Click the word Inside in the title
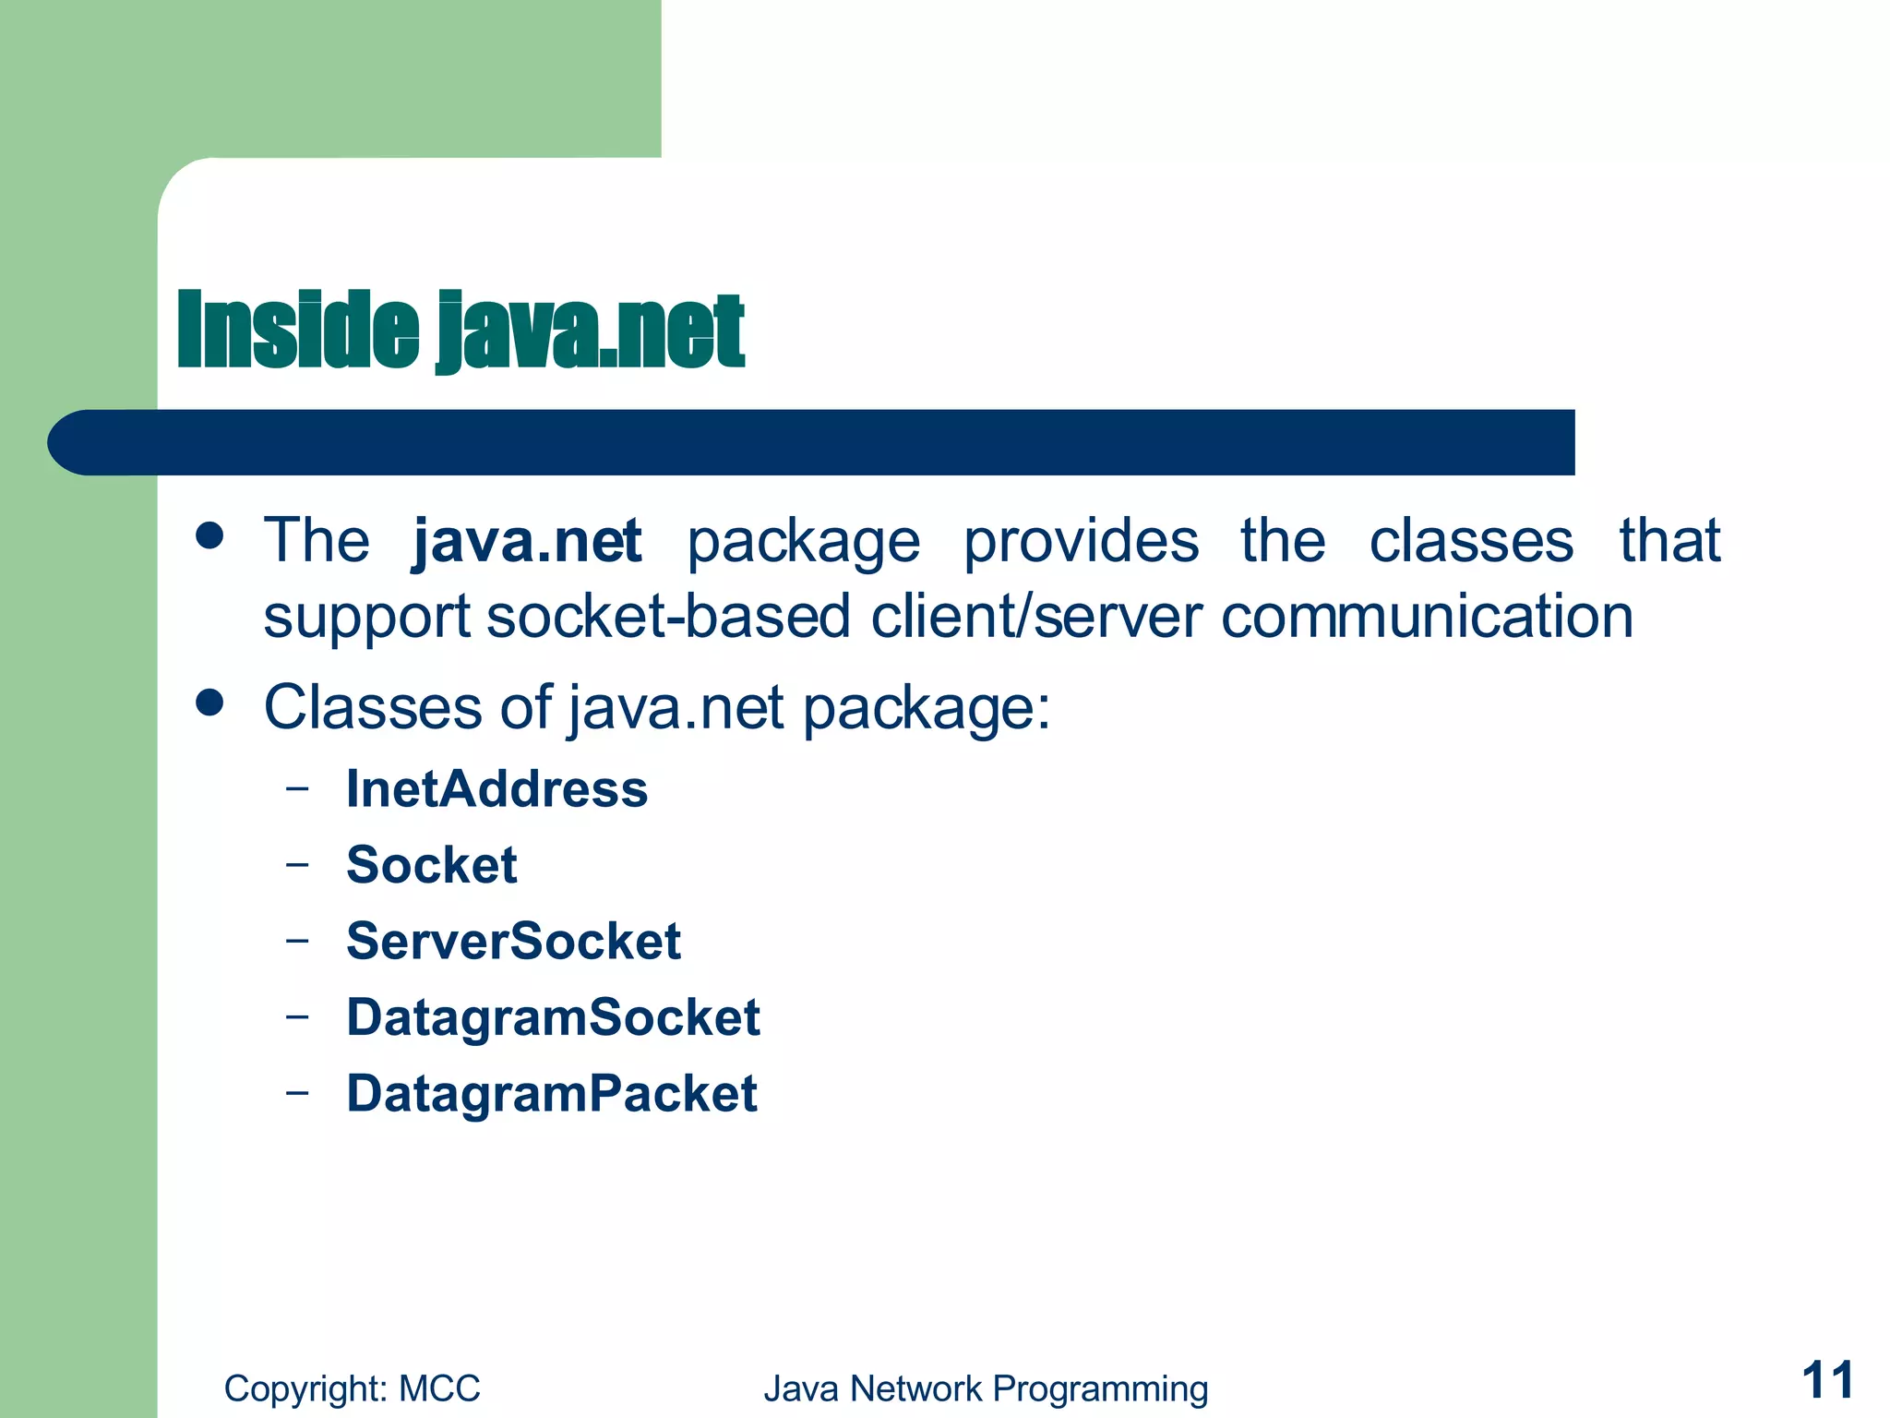pyautogui.click(x=297, y=330)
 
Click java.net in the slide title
pyautogui.click(x=590, y=330)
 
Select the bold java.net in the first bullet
pyautogui.click(x=527, y=541)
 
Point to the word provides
pyautogui.click(x=1081, y=541)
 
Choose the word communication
pyautogui.click(x=1427, y=617)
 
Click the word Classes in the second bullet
pyautogui.click(x=373, y=708)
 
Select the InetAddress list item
pyautogui.click(x=496, y=789)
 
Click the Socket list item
pyautogui.click(x=431, y=865)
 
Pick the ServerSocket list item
pyautogui.click(x=513, y=942)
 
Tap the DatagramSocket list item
pyautogui.click(x=553, y=1017)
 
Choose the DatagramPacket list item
pyautogui.click(x=552, y=1094)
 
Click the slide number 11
pyautogui.click(x=1827, y=1381)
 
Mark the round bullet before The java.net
pyautogui.click(x=210, y=535)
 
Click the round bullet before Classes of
pyautogui.click(x=210, y=703)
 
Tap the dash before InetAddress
pyautogui.click(x=297, y=789)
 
